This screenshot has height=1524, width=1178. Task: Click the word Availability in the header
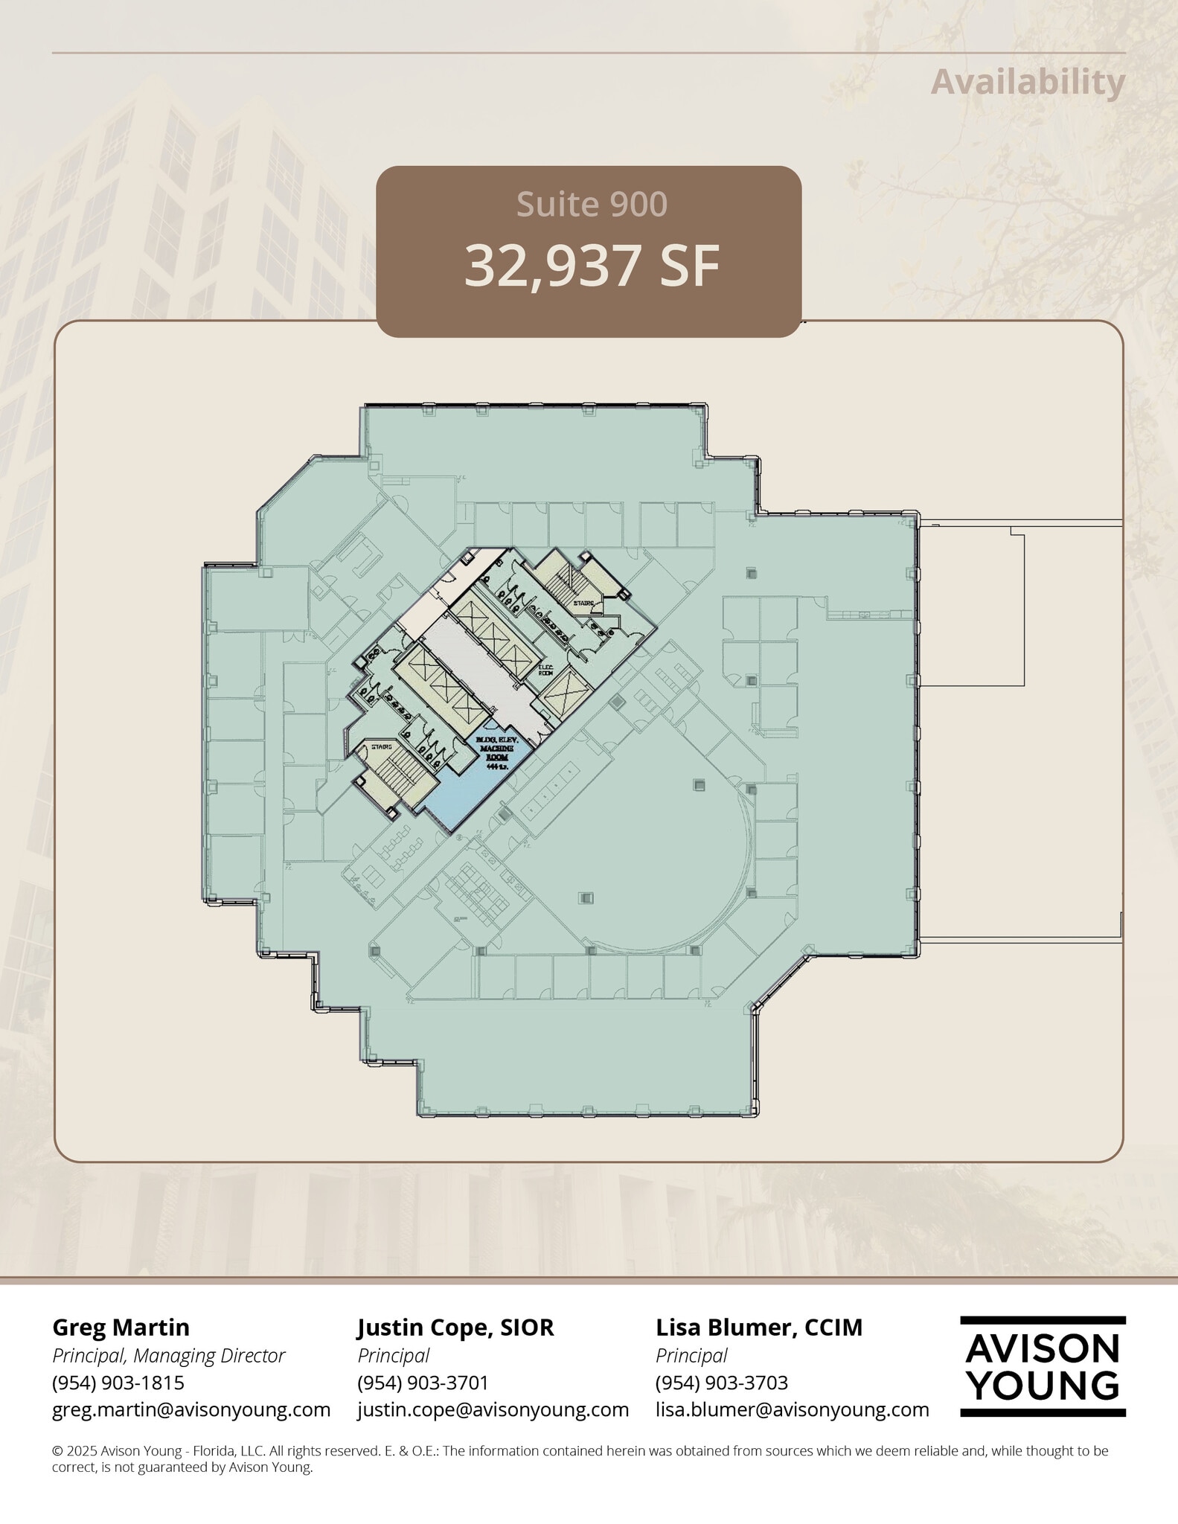(x=1028, y=82)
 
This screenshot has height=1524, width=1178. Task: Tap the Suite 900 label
(x=592, y=205)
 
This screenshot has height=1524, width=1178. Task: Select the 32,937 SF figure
(x=592, y=266)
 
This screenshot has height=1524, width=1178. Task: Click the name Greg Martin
(x=121, y=1327)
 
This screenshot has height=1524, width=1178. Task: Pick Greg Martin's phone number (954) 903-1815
(x=118, y=1382)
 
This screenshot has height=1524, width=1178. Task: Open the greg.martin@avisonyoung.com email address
(x=191, y=1409)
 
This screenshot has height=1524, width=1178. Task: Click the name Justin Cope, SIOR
(x=455, y=1327)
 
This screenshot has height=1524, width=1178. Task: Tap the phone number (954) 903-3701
(x=423, y=1382)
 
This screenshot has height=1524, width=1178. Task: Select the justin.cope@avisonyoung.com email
(x=493, y=1409)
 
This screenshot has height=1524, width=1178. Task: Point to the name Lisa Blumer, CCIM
(x=758, y=1327)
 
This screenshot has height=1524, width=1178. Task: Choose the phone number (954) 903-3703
(x=721, y=1382)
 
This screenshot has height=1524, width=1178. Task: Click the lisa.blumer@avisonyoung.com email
(x=792, y=1409)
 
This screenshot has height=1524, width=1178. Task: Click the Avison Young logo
(x=1042, y=1366)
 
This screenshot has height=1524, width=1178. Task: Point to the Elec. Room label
(x=545, y=669)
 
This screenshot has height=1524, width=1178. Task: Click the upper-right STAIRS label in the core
(x=583, y=603)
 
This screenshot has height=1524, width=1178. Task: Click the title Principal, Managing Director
(x=168, y=1355)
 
